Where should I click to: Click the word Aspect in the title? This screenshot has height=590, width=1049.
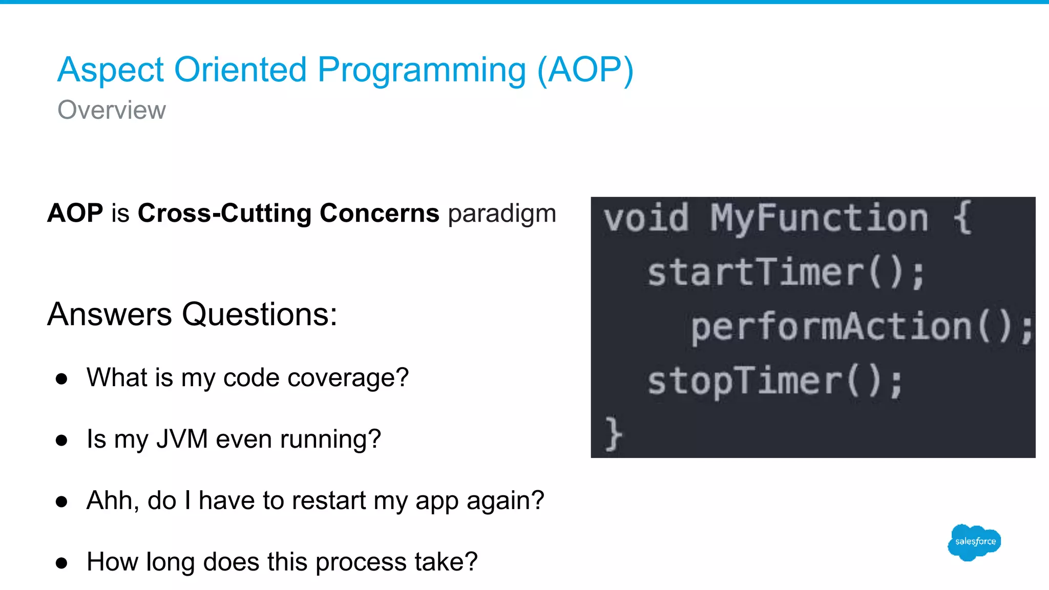click(x=111, y=70)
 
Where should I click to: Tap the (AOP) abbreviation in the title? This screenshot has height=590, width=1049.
click(x=585, y=70)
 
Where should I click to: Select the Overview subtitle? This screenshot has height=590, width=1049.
click(x=112, y=110)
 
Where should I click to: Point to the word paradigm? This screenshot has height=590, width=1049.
click(x=502, y=214)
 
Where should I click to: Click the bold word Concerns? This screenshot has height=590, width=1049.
click(x=379, y=213)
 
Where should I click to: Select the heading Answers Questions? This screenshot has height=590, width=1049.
click(x=192, y=314)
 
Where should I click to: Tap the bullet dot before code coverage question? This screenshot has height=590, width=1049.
click(x=62, y=379)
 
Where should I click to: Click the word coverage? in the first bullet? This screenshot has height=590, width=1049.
click(x=348, y=378)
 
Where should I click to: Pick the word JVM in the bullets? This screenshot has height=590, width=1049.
click(x=182, y=439)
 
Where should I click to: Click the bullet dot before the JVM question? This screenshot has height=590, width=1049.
click(x=62, y=440)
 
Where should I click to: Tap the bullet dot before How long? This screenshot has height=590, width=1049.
click(x=62, y=563)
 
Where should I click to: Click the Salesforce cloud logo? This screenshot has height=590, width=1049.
click(x=974, y=542)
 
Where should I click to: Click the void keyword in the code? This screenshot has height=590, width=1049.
click(x=646, y=218)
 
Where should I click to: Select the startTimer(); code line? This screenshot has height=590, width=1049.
click(x=786, y=272)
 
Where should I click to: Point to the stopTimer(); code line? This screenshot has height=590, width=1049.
click(x=774, y=382)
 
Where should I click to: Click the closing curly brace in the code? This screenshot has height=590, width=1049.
click(x=613, y=434)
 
